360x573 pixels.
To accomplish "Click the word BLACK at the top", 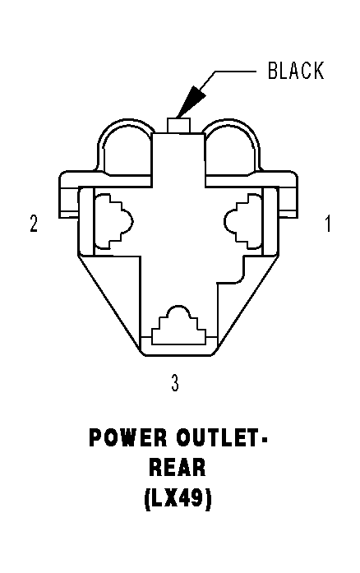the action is tap(296, 71).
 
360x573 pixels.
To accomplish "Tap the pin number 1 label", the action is tap(328, 224).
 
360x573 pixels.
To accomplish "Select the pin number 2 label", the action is tap(34, 224).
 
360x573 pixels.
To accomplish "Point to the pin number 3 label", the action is tap(175, 383).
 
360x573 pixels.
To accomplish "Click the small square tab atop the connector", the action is tap(178, 125).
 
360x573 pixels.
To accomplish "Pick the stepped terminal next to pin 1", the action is tap(242, 220).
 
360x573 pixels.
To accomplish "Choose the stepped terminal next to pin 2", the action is tap(113, 220).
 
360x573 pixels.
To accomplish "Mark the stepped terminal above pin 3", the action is tap(179, 326).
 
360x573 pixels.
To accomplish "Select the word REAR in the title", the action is tap(178, 468).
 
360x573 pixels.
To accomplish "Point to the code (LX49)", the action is tap(178, 498).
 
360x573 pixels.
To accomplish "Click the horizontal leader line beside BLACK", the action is tap(235, 72).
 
